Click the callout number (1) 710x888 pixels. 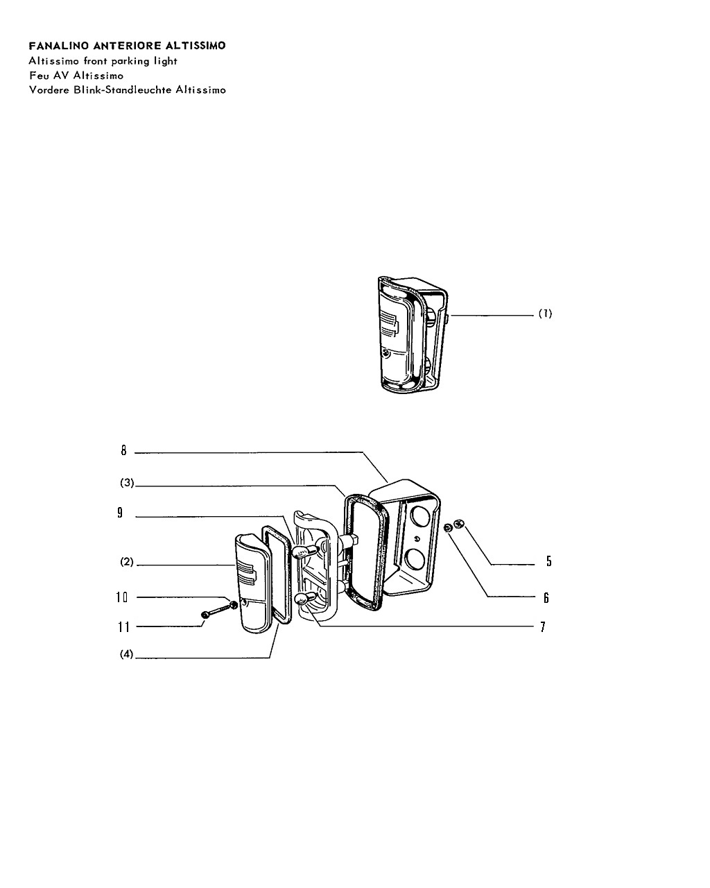pos(545,314)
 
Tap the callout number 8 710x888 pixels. pos(124,450)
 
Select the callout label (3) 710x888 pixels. pos(127,482)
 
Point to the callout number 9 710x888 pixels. pos(120,513)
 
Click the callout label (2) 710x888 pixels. pos(127,562)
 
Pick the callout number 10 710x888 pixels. pos(122,597)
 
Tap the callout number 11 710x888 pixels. pos(124,627)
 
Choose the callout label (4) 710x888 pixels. pos(127,654)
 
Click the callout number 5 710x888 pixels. pos(549,561)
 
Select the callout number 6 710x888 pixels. pos(546,598)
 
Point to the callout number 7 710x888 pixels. pos(543,627)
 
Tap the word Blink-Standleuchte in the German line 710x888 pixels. pos(123,90)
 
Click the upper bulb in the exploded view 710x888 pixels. pos(305,550)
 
